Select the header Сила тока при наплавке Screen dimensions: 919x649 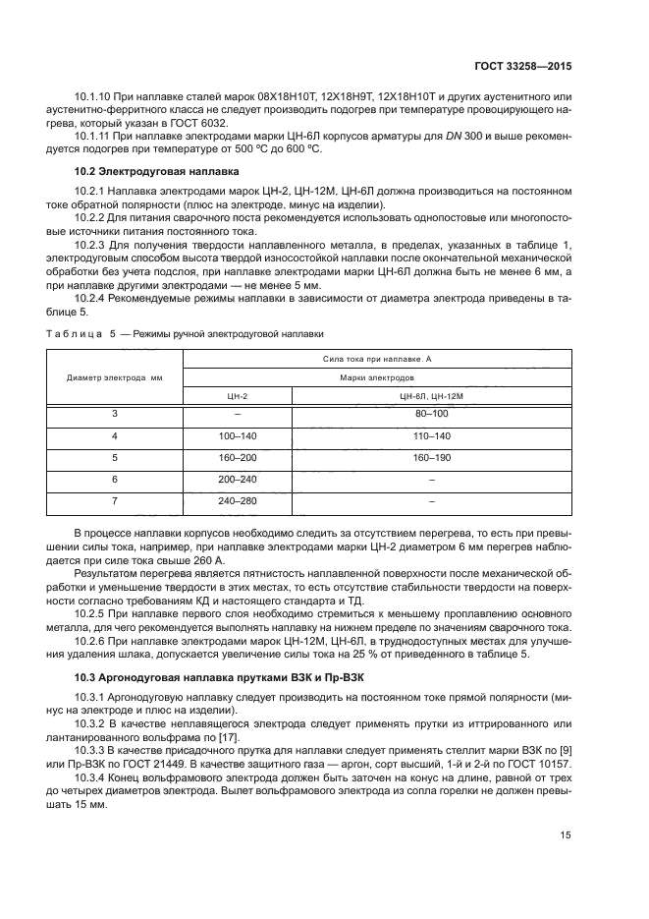[x=376, y=359]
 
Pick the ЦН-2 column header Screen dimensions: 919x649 [x=238, y=395]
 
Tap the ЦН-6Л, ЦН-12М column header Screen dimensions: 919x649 [x=431, y=395]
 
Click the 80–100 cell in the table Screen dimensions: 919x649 [x=431, y=414]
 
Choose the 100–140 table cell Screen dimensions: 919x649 [x=238, y=435]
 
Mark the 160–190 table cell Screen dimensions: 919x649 [x=431, y=457]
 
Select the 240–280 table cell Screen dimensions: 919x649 [x=238, y=500]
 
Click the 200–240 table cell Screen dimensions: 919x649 [x=238, y=479]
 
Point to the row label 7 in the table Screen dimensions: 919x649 [x=115, y=500]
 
